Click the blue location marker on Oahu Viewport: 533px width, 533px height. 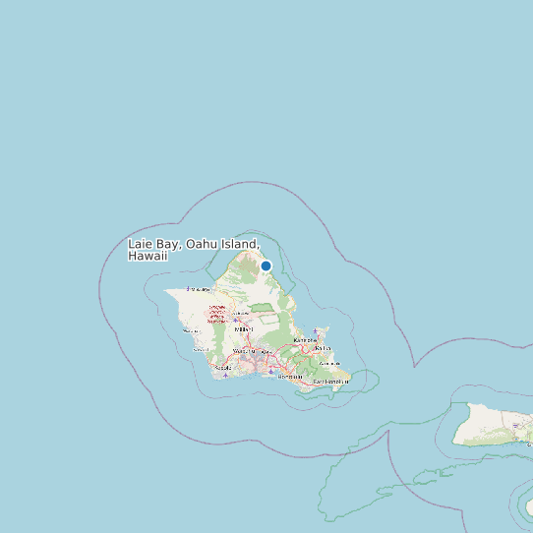tap(266, 266)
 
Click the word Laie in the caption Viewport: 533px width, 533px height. tap(142, 244)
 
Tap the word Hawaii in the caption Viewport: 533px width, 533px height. tap(148, 256)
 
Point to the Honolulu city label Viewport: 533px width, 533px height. tap(290, 377)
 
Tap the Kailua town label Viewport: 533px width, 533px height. tap(321, 347)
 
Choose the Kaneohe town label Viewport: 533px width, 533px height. tap(306, 341)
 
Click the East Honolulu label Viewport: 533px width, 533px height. tap(331, 381)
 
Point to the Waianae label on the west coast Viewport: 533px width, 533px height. tap(191, 330)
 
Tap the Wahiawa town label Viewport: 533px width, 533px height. tap(237, 314)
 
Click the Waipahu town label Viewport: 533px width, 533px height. tap(241, 351)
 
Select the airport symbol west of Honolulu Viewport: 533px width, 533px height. tap(270, 371)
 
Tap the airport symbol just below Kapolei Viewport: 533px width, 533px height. tap(226, 374)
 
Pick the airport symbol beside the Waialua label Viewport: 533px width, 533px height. tap(189, 288)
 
